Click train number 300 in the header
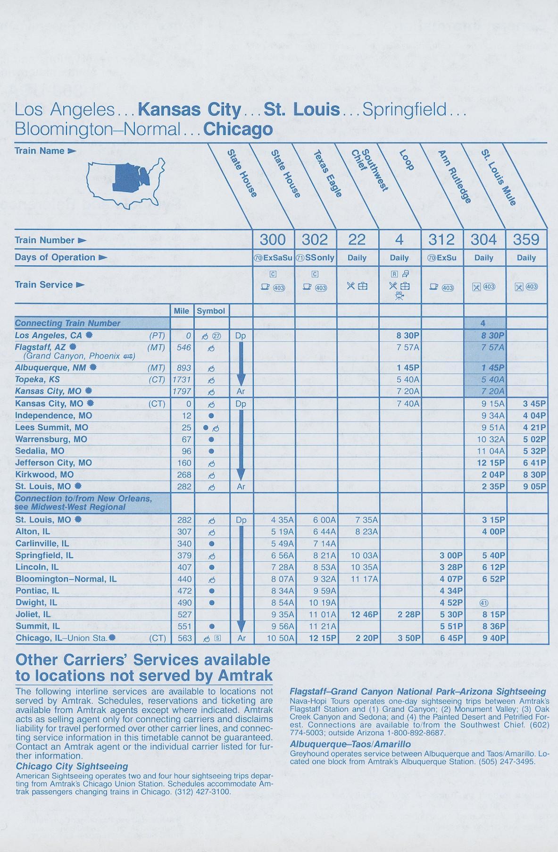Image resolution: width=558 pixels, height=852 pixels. click(x=273, y=239)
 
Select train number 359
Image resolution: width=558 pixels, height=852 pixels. click(x=526, y=239)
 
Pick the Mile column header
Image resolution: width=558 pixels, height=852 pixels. click(x=182, y=311)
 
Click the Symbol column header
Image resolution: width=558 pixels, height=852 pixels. click(x=211, y=311)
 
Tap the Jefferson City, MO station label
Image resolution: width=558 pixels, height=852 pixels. click(x=53, y=463)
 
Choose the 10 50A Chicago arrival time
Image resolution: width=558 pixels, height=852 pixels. click(x=280, y=638)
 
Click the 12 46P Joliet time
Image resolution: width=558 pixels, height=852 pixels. click(x=364, y=615)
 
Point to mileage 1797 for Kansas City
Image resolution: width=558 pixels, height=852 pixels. click(x=182, y=391)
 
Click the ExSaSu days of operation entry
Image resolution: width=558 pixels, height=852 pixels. click(x=273, y=258)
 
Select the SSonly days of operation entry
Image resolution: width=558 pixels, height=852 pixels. click(x=315, y=258)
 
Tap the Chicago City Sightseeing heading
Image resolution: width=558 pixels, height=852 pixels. click(x=72, y=766)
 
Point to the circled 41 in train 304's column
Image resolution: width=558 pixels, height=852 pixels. click(x=483, y=602)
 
